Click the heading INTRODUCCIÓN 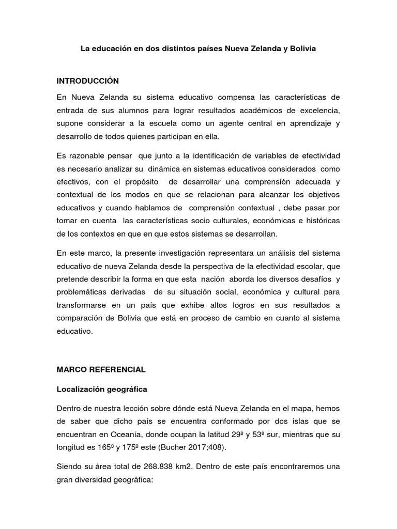click(x=88, y=81)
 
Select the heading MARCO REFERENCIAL click(x=101, y=369)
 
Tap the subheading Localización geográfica click(x=102, y=388)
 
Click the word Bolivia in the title click(x=302, y=49)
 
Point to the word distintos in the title click(x=166, y=49)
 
